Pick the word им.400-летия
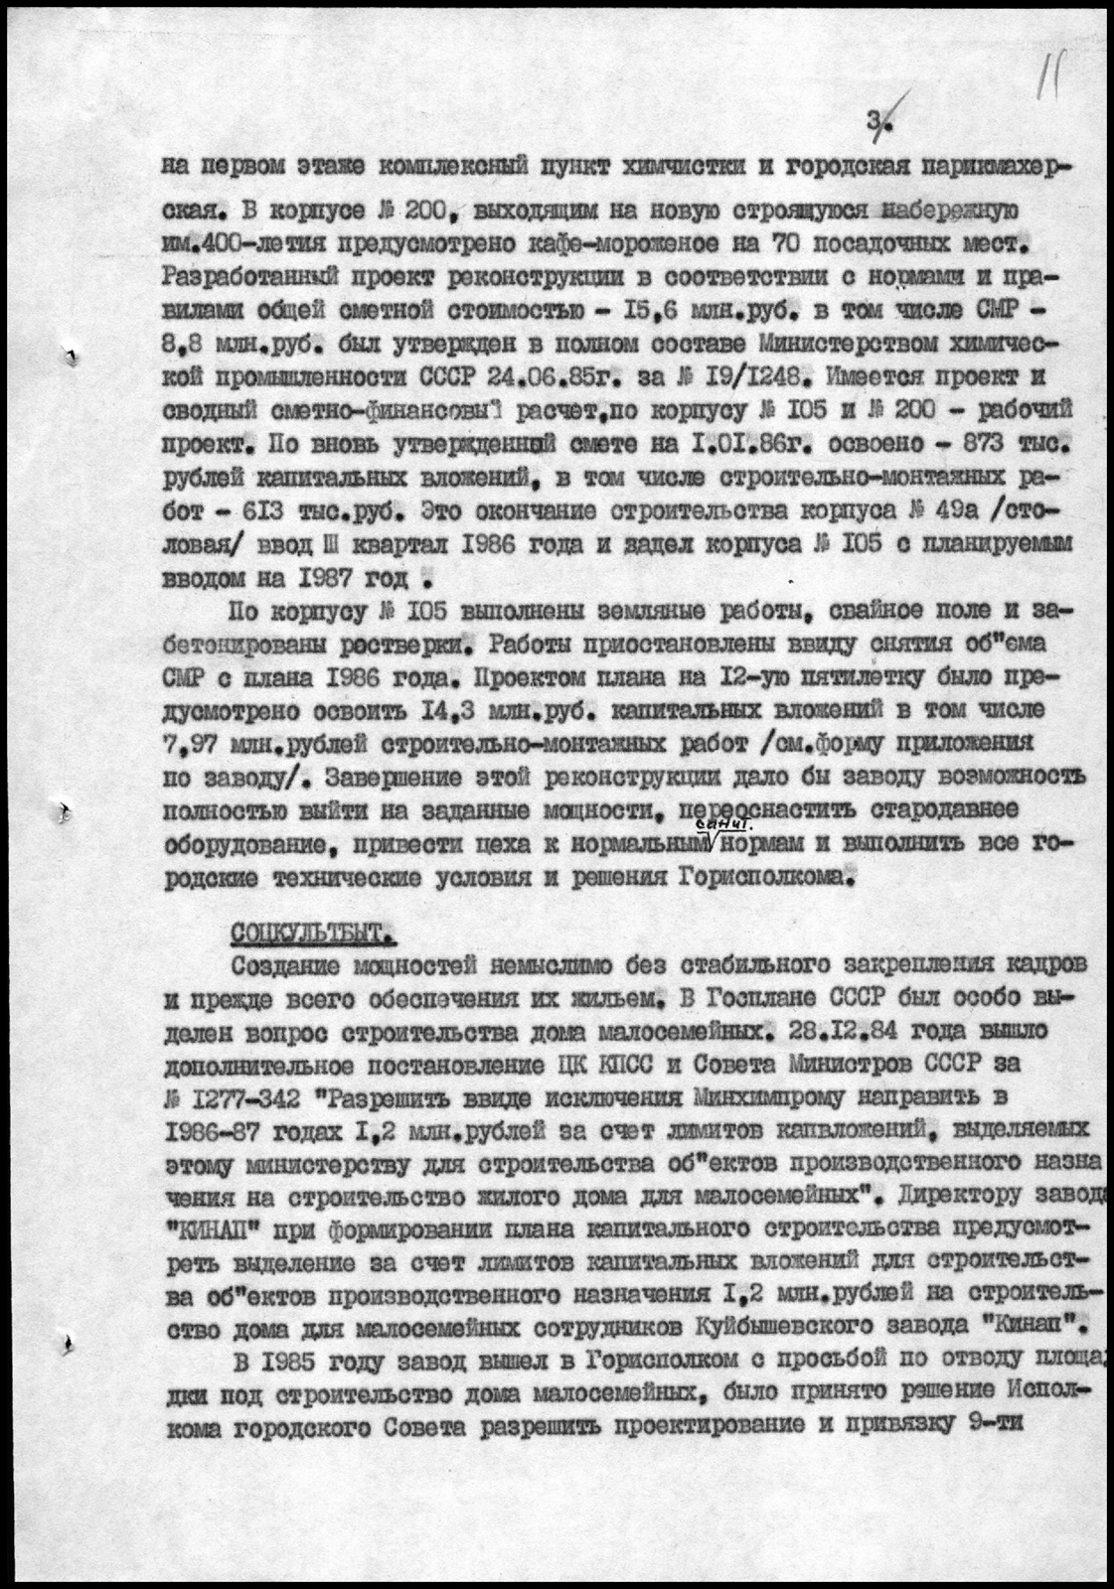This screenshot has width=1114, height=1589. point(244,242)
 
